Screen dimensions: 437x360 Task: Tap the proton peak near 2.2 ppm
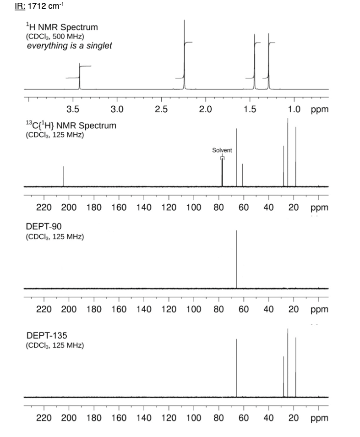click(x=184, y=55)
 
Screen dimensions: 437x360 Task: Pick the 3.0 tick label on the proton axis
click(x=117, y=109)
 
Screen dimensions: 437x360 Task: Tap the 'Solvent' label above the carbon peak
click(x=222, y=150)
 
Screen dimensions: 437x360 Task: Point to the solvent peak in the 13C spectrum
click(x=222, y=172)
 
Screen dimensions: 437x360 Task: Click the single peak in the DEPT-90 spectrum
click(x=236, y=259)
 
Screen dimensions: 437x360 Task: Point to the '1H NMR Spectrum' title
click(x=61, y=27)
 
